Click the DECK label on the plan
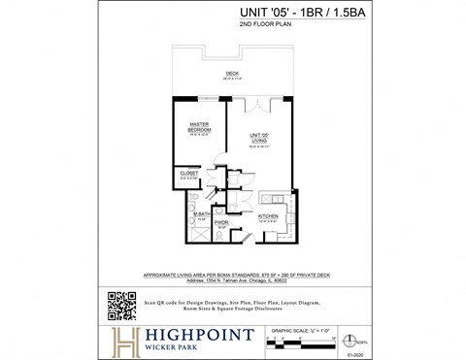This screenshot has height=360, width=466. point(232,73)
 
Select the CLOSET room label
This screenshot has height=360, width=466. point(189,173)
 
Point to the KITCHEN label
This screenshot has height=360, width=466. point(270,215)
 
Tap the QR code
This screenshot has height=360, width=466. point(120,305)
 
